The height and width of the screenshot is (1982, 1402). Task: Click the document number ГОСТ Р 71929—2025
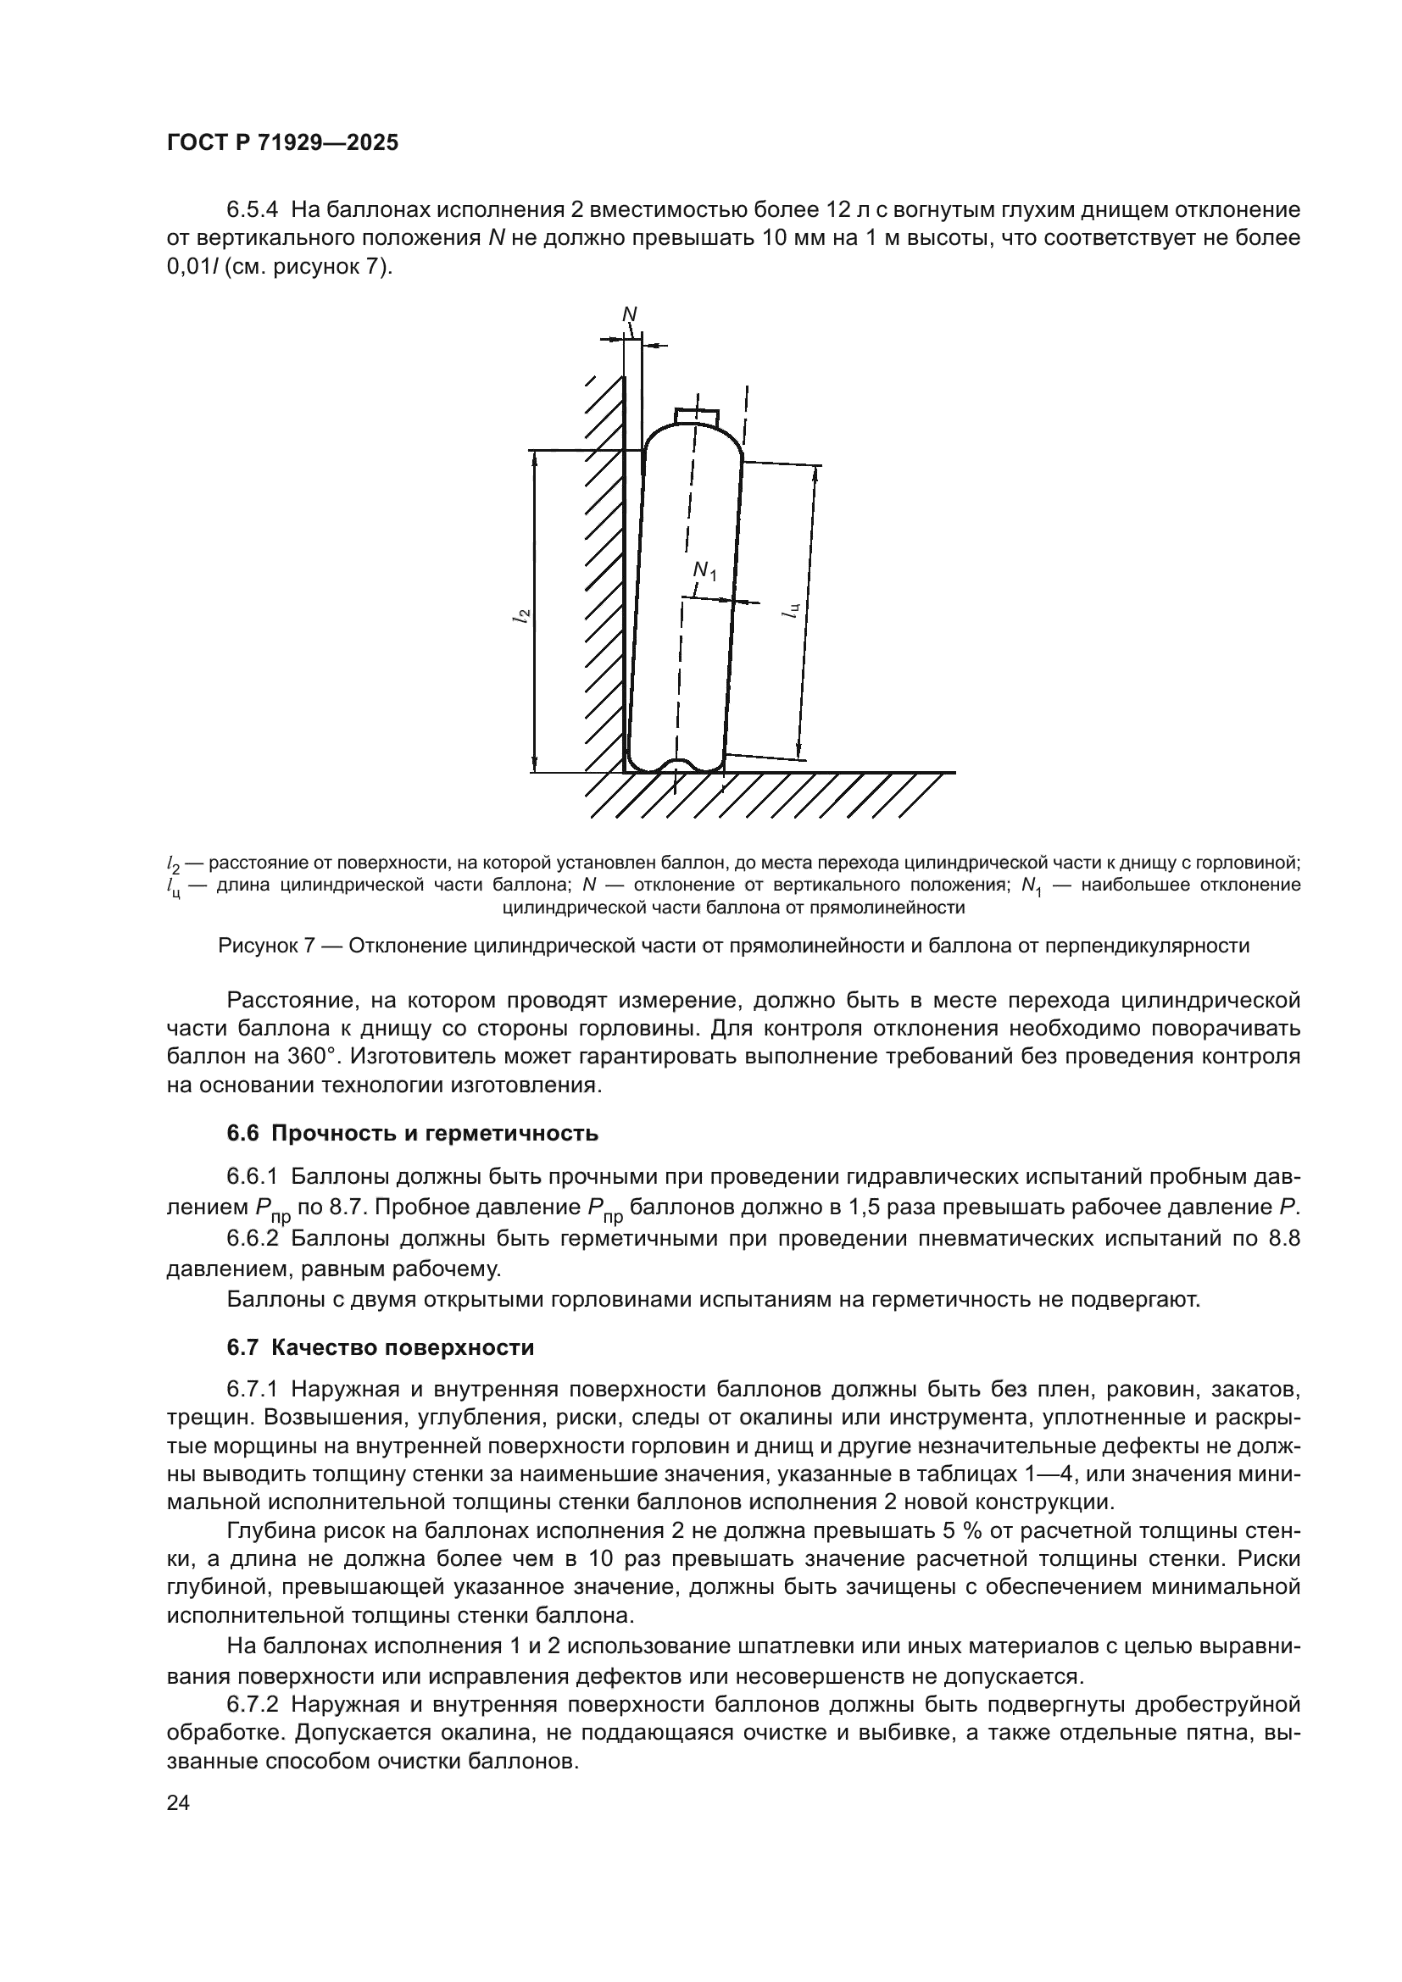tap(282, 143)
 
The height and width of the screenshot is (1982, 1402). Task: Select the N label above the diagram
tap(629, 314)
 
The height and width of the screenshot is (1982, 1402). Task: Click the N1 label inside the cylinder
tap(704, 570)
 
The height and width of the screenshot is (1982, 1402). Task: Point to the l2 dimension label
tap(520, 614)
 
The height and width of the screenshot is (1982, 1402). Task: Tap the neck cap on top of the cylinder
tap(697, 416)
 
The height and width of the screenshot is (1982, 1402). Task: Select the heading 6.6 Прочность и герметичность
tap(413, 1134)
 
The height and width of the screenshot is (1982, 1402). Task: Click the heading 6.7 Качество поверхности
tap(381, 1347)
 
